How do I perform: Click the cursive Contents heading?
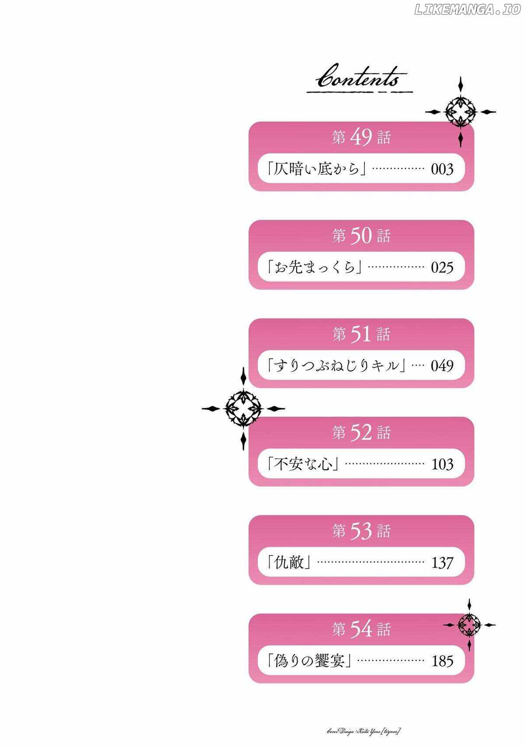(x=359, y=80)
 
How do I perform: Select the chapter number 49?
(x=361, y=138)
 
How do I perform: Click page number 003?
(x=442, y=169)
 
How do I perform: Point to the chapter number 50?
(x=361, y=236)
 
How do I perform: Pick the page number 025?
(x=442, y=267)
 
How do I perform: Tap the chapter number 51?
(x=361, y=334)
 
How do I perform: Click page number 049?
(x=442, y=366)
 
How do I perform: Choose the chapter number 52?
(x=361, y=433)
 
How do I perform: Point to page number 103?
(x=442, y=464)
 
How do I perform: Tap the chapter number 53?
(x=361, y=531)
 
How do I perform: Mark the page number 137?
(x=442, y=562)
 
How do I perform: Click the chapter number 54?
(x=361, y=629)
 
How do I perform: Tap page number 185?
(x=442, y=661)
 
